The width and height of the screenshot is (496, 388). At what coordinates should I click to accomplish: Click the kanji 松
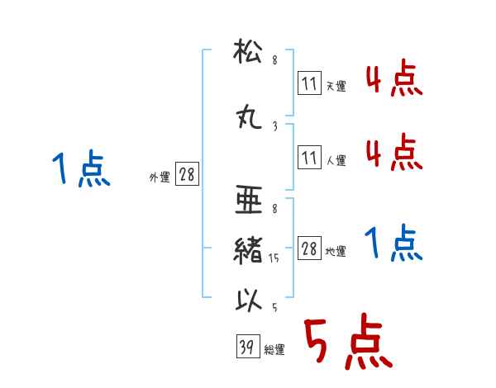coord(248,51)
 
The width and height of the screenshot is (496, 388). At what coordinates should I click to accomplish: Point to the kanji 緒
coord(248,251)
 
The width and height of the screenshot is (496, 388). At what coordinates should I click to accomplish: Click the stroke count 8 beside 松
coord(275,60)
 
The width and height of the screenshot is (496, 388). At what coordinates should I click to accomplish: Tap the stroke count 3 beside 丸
coord(275,126)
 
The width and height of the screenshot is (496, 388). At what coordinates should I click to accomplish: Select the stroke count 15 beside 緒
coord(274,258)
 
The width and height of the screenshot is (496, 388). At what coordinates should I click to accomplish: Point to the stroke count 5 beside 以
coord(274,307)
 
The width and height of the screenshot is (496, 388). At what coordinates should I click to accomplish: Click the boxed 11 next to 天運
coord(309,83)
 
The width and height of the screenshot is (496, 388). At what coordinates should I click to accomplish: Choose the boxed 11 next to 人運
coord(309,157)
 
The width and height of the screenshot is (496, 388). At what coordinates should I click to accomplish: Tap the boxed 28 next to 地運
coord(309,248)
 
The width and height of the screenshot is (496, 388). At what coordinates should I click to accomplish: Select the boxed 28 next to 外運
coord(187,174)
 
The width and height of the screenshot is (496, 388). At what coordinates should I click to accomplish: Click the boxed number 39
coord(248,346)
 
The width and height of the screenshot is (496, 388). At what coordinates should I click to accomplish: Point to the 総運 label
coord(274,349)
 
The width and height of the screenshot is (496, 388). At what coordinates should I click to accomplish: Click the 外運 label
coord(160,177)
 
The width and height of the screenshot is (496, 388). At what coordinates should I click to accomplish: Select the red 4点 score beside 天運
coord(394,78)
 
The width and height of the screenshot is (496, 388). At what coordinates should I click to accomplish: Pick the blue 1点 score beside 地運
coord(393,243)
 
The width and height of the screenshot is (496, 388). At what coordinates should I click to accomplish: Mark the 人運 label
coord(336,160)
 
